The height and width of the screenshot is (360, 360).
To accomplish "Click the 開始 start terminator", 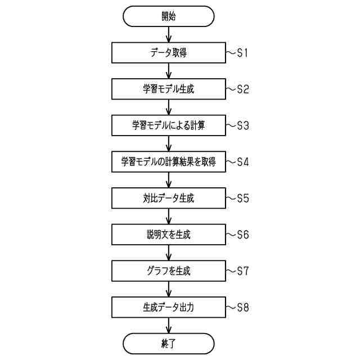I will tap(169, 16).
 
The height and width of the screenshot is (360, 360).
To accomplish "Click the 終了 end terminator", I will tap(169, 343).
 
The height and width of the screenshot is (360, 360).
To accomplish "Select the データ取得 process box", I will tap(169, 53).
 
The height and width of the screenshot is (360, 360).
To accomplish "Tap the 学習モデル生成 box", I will tap(169, 89).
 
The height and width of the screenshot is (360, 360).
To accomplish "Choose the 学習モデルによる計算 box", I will tap(169, 126).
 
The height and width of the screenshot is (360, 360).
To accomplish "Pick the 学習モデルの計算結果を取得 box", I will tap(169, 162).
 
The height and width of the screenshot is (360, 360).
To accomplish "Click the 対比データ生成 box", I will tap(169, 199).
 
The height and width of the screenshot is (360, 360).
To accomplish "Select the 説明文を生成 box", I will tap(169, 235).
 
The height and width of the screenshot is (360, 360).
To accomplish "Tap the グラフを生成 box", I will tap(169, 271).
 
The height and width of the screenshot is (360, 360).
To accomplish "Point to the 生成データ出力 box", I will tap(169, 307).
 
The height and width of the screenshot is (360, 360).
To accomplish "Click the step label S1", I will tap(242, 53).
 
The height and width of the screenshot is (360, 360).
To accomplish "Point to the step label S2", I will tap(242, 89).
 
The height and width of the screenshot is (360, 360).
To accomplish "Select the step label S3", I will tap(242, 126).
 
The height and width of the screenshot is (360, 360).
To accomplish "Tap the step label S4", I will tap(242, 162).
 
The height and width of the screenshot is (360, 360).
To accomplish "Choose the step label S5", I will tap(242, 199).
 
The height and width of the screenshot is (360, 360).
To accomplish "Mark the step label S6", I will tap(242, 235).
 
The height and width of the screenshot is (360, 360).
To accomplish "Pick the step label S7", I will tap(242, 271).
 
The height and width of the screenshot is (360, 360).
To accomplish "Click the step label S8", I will tap(242, 307).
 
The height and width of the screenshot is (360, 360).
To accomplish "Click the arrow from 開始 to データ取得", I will tap(169, 35).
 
